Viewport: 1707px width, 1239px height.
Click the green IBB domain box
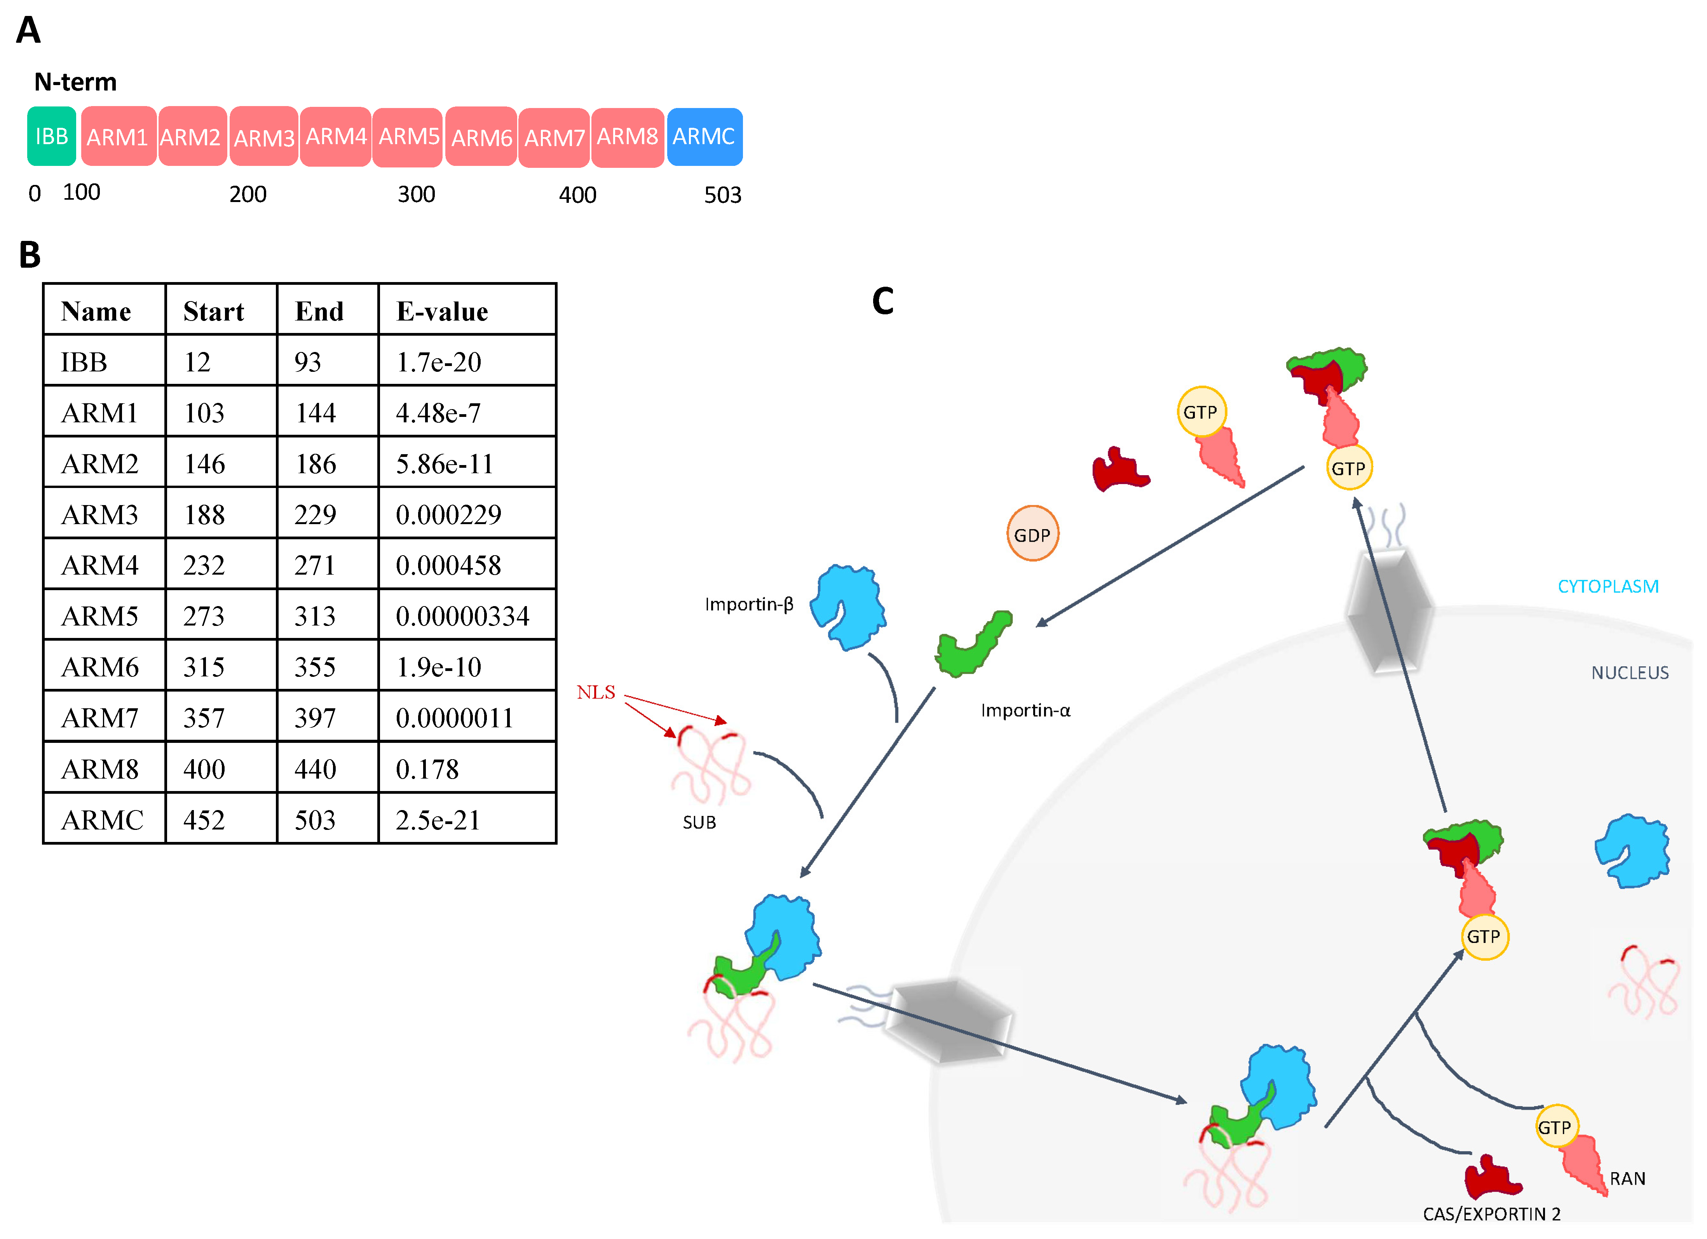(x=51, y=136)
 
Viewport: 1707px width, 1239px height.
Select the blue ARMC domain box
(x=704, y=136)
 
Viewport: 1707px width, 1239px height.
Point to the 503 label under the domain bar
(x=722, y=195)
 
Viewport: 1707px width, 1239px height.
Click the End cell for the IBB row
(x=308, y=362)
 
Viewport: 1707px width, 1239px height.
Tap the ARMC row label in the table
(x=102, y=820)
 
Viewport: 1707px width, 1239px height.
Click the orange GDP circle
(x=1032, y=534)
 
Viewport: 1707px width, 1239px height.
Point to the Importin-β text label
(x=749, y=605)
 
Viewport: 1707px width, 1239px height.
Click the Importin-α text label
(x=1025, y=711)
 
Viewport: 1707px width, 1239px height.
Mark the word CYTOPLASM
(x=1608, y=586)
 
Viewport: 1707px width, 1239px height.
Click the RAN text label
(x=1627, y=1179)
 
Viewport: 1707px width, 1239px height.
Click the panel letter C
(x=883, y=301)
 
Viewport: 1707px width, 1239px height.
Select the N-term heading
(x=75, y=81)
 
